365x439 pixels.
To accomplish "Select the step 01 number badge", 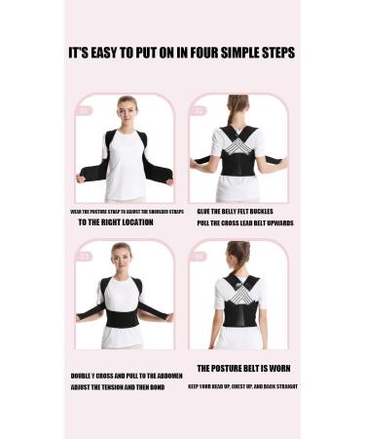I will (x=85, y=110).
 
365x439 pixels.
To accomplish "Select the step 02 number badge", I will (x=200, y=110).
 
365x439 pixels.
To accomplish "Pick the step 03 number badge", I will (x=85, y=257).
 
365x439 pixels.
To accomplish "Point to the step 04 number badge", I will (x=200, y=257).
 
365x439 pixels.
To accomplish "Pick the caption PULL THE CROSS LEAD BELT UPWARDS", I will (x=244, y=223).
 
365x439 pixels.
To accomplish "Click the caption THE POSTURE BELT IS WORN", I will (x=243, y=369).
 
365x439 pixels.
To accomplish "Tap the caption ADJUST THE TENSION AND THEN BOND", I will (x=118, y=387).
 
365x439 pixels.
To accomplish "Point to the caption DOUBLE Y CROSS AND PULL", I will (x=120, y=375).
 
